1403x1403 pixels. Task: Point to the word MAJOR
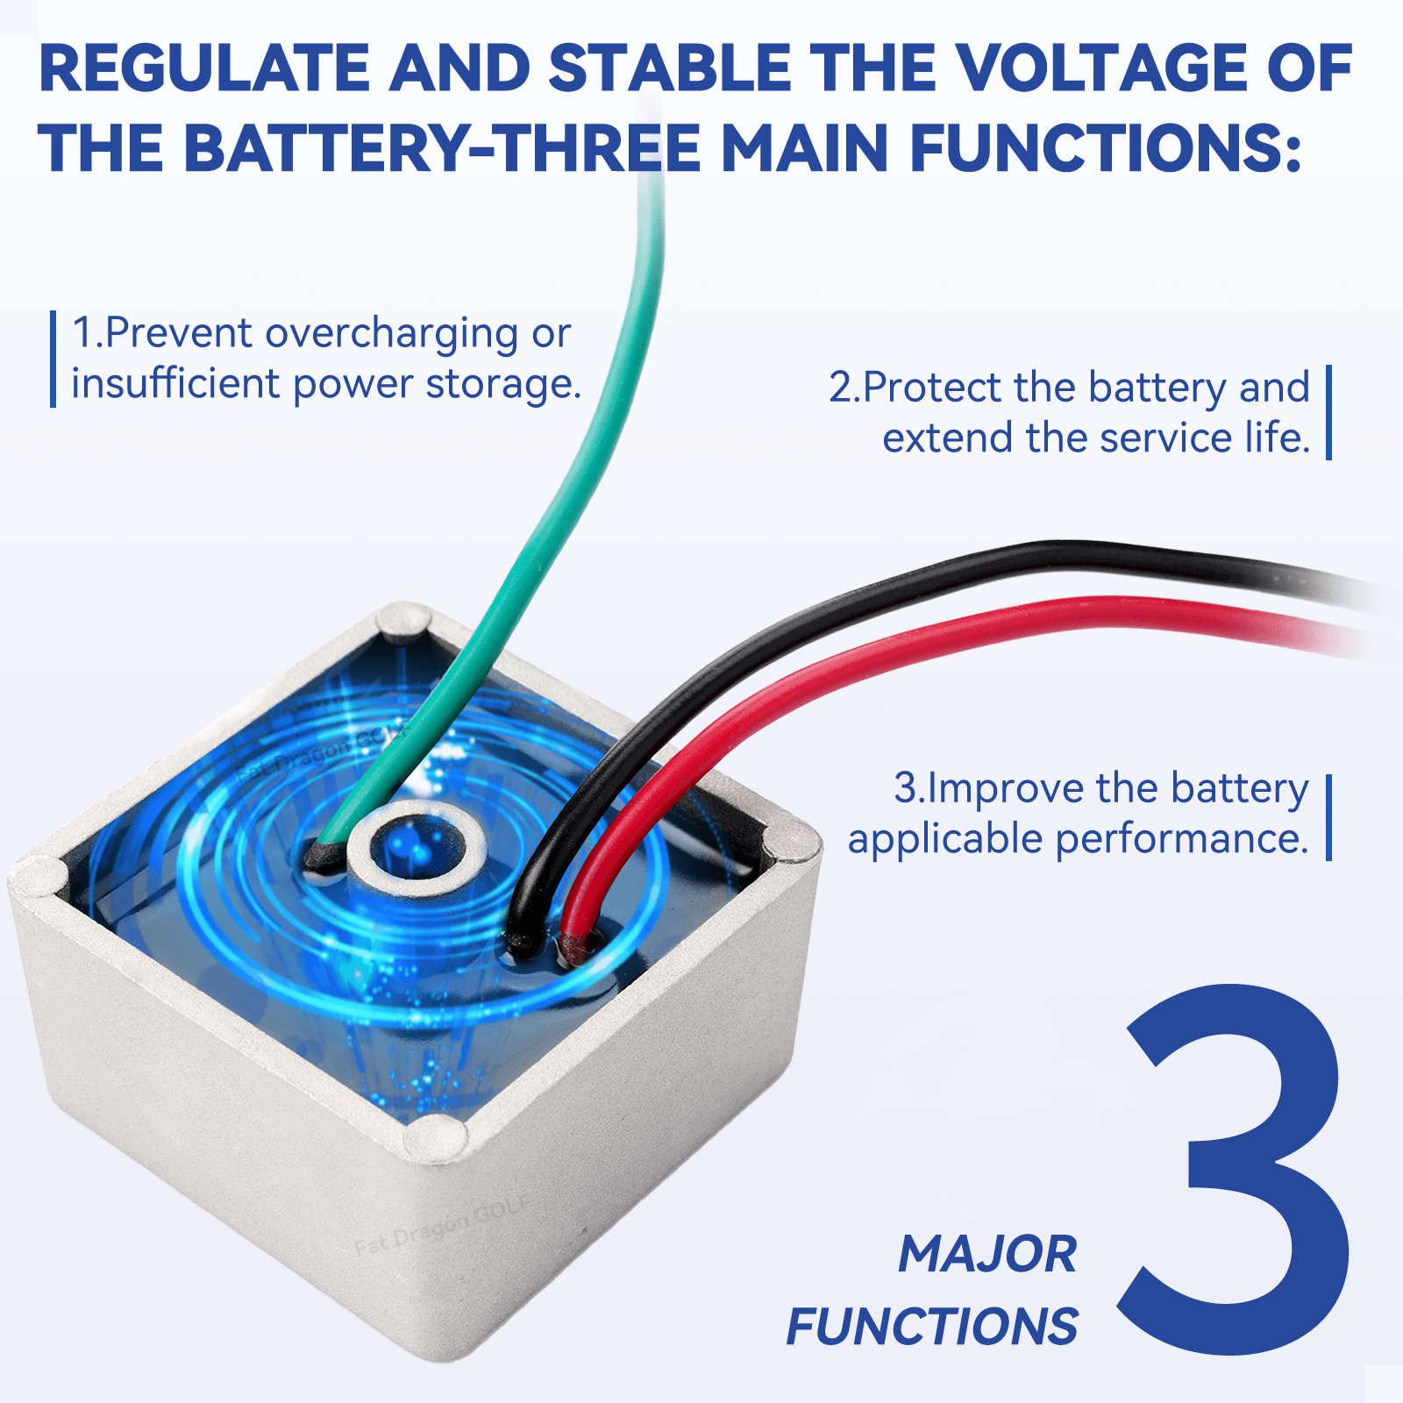987,1254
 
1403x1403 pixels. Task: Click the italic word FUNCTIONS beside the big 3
932,1326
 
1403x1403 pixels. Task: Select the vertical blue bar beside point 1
53,360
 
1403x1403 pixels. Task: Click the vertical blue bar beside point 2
1329,412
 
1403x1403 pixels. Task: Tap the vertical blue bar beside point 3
1329,817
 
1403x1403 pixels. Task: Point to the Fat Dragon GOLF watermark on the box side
442,1225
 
